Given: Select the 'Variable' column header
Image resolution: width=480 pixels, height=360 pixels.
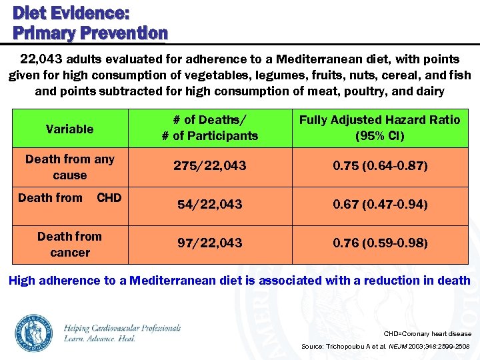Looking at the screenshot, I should pyautogui.click(x=69, y=129).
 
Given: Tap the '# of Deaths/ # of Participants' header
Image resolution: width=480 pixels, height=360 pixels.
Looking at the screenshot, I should pyautogui.click(x=209, y=127).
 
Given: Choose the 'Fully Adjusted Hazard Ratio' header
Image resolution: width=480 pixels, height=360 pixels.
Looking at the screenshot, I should pyautogui.click(x=379, y=127).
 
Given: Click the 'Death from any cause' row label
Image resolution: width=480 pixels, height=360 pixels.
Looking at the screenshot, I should pyautogui.click(x=69, y=167).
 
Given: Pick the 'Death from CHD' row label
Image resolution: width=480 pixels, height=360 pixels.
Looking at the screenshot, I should pyautogui.click(x=69, y=198).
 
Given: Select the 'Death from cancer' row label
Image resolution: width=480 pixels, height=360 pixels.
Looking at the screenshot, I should pyautogui.click(x=69, y=244).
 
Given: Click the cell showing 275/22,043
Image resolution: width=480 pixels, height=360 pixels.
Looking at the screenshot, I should pyautogui.click(x=209, y=166).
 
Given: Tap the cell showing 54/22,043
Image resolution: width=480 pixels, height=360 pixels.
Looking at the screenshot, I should pyautogui.click(x=209, y=205).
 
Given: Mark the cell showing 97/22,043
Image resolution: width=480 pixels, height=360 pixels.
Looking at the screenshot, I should pyautogui.click(x=209, y=243).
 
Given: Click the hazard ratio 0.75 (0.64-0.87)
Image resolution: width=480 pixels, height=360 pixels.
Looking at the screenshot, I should pyautogui.click(x=379, y=166).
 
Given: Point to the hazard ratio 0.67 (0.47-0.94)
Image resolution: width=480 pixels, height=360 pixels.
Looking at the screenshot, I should pyautogui.click(x=379, y=205).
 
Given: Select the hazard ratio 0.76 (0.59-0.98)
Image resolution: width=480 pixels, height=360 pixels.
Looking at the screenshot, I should pyautogui.click(x=379, y=243).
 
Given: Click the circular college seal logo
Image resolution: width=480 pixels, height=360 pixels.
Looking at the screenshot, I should pyautogui.click(x=34, y=333).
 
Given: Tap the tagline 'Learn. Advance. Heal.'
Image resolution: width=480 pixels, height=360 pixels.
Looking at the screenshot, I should pyautogui.click(x=100, y=339).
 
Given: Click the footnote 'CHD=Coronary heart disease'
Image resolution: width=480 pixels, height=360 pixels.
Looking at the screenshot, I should pyautogui.click(x=427, y=333).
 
